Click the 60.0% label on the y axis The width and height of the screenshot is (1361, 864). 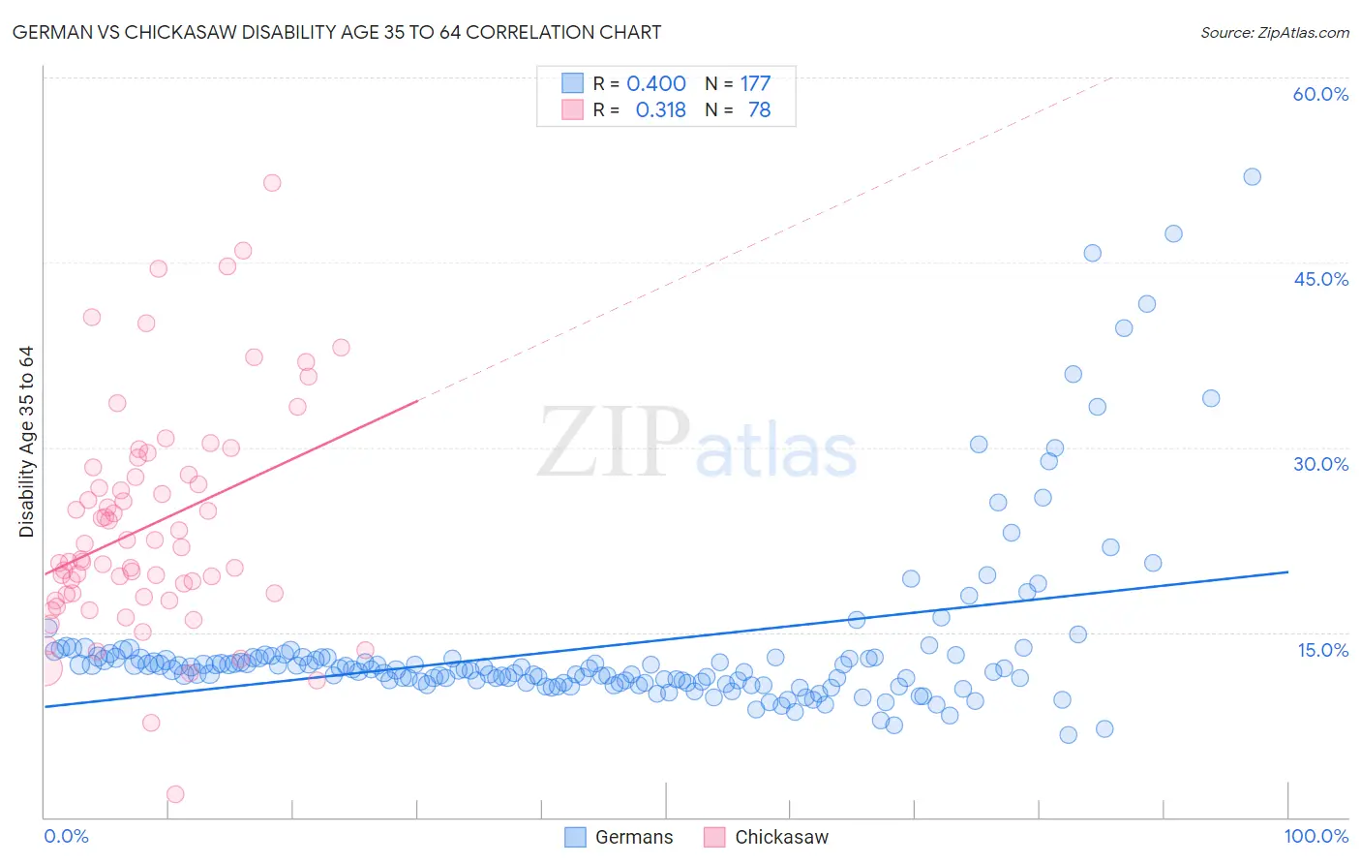(1320, 94)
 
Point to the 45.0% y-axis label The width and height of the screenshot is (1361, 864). (1320, 279)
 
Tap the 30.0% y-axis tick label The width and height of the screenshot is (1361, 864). (1320, 464)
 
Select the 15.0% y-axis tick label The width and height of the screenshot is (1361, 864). (1322, 649)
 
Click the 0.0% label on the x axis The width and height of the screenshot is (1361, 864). (66, 836)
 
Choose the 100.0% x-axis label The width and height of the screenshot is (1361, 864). (1316, 836)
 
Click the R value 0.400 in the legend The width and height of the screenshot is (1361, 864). (655, 84)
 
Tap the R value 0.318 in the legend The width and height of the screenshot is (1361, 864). (660, 110)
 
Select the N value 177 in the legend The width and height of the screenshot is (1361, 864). (755, 84)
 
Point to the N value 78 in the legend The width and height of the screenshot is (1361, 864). (759, 110)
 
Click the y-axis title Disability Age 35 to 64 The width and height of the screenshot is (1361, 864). (26, 442)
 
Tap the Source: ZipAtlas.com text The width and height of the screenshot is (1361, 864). (1274, 33)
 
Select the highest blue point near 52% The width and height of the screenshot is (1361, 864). (1252, 176)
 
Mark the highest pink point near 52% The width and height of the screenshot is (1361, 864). (272, 182)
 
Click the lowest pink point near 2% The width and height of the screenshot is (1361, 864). (175, 794)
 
